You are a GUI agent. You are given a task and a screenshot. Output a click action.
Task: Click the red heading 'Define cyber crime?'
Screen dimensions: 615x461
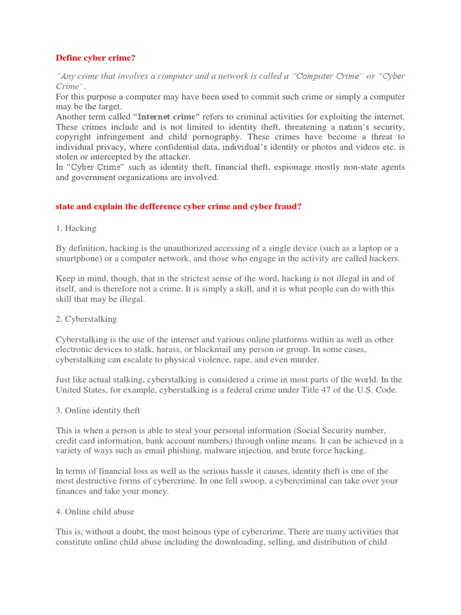click(96, 58)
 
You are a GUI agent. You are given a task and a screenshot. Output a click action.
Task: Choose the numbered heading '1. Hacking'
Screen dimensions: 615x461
click(76, 228)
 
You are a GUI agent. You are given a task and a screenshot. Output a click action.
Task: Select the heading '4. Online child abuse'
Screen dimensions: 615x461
click(95, 512)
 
